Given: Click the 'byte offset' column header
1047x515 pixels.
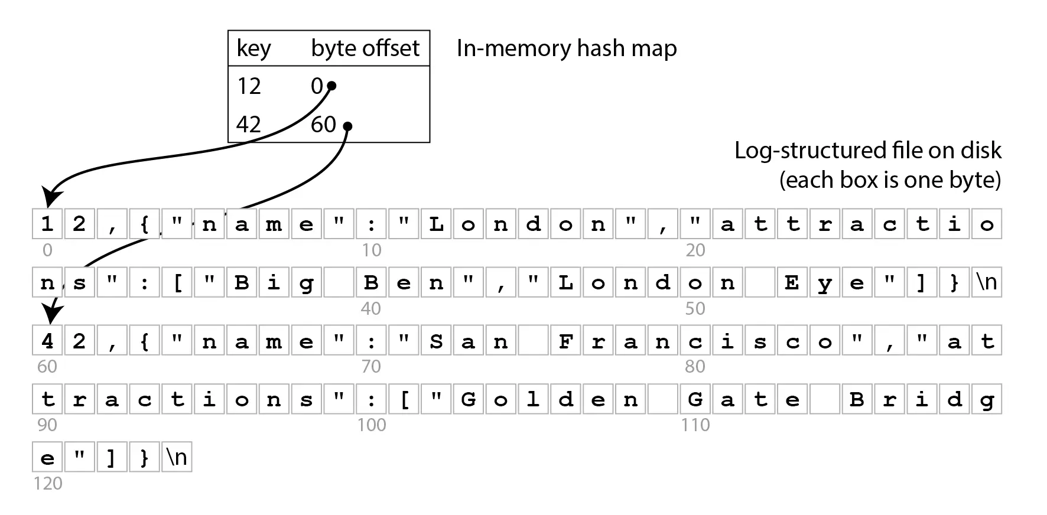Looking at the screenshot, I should click(x=365, y=48).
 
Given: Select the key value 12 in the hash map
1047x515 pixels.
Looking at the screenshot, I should click(x=249, y=87).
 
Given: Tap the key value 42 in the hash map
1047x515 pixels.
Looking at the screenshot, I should click(x=249, y=125).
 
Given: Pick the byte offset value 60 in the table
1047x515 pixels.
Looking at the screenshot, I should click(x=323, y=125).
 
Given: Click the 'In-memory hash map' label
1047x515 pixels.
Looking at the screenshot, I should click(x=567, y=48).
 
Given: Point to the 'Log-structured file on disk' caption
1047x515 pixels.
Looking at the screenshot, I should click(x=867, y=151).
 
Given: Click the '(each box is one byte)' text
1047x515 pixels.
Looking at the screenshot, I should click(x=890, y=180).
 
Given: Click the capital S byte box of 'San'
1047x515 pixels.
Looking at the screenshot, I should click(x=436, y=341).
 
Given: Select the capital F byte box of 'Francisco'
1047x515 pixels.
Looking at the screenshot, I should click(x=565, y=341).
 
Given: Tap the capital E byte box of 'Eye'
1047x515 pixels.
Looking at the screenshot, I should click(x=792, y=282).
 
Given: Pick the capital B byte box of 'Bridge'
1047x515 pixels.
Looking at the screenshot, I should click(x=857, y=399).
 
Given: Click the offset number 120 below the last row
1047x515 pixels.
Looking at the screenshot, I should click(x=48, y=484).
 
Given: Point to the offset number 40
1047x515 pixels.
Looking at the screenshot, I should click(x=371, y=309).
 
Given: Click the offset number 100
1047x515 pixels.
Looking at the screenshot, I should click(x=372, y=425).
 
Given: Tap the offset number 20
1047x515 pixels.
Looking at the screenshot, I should click(x=695, y=250).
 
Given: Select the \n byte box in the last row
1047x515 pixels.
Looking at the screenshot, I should click(x=177, y=458).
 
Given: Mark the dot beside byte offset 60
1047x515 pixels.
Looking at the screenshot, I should click(x=347, y=126).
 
